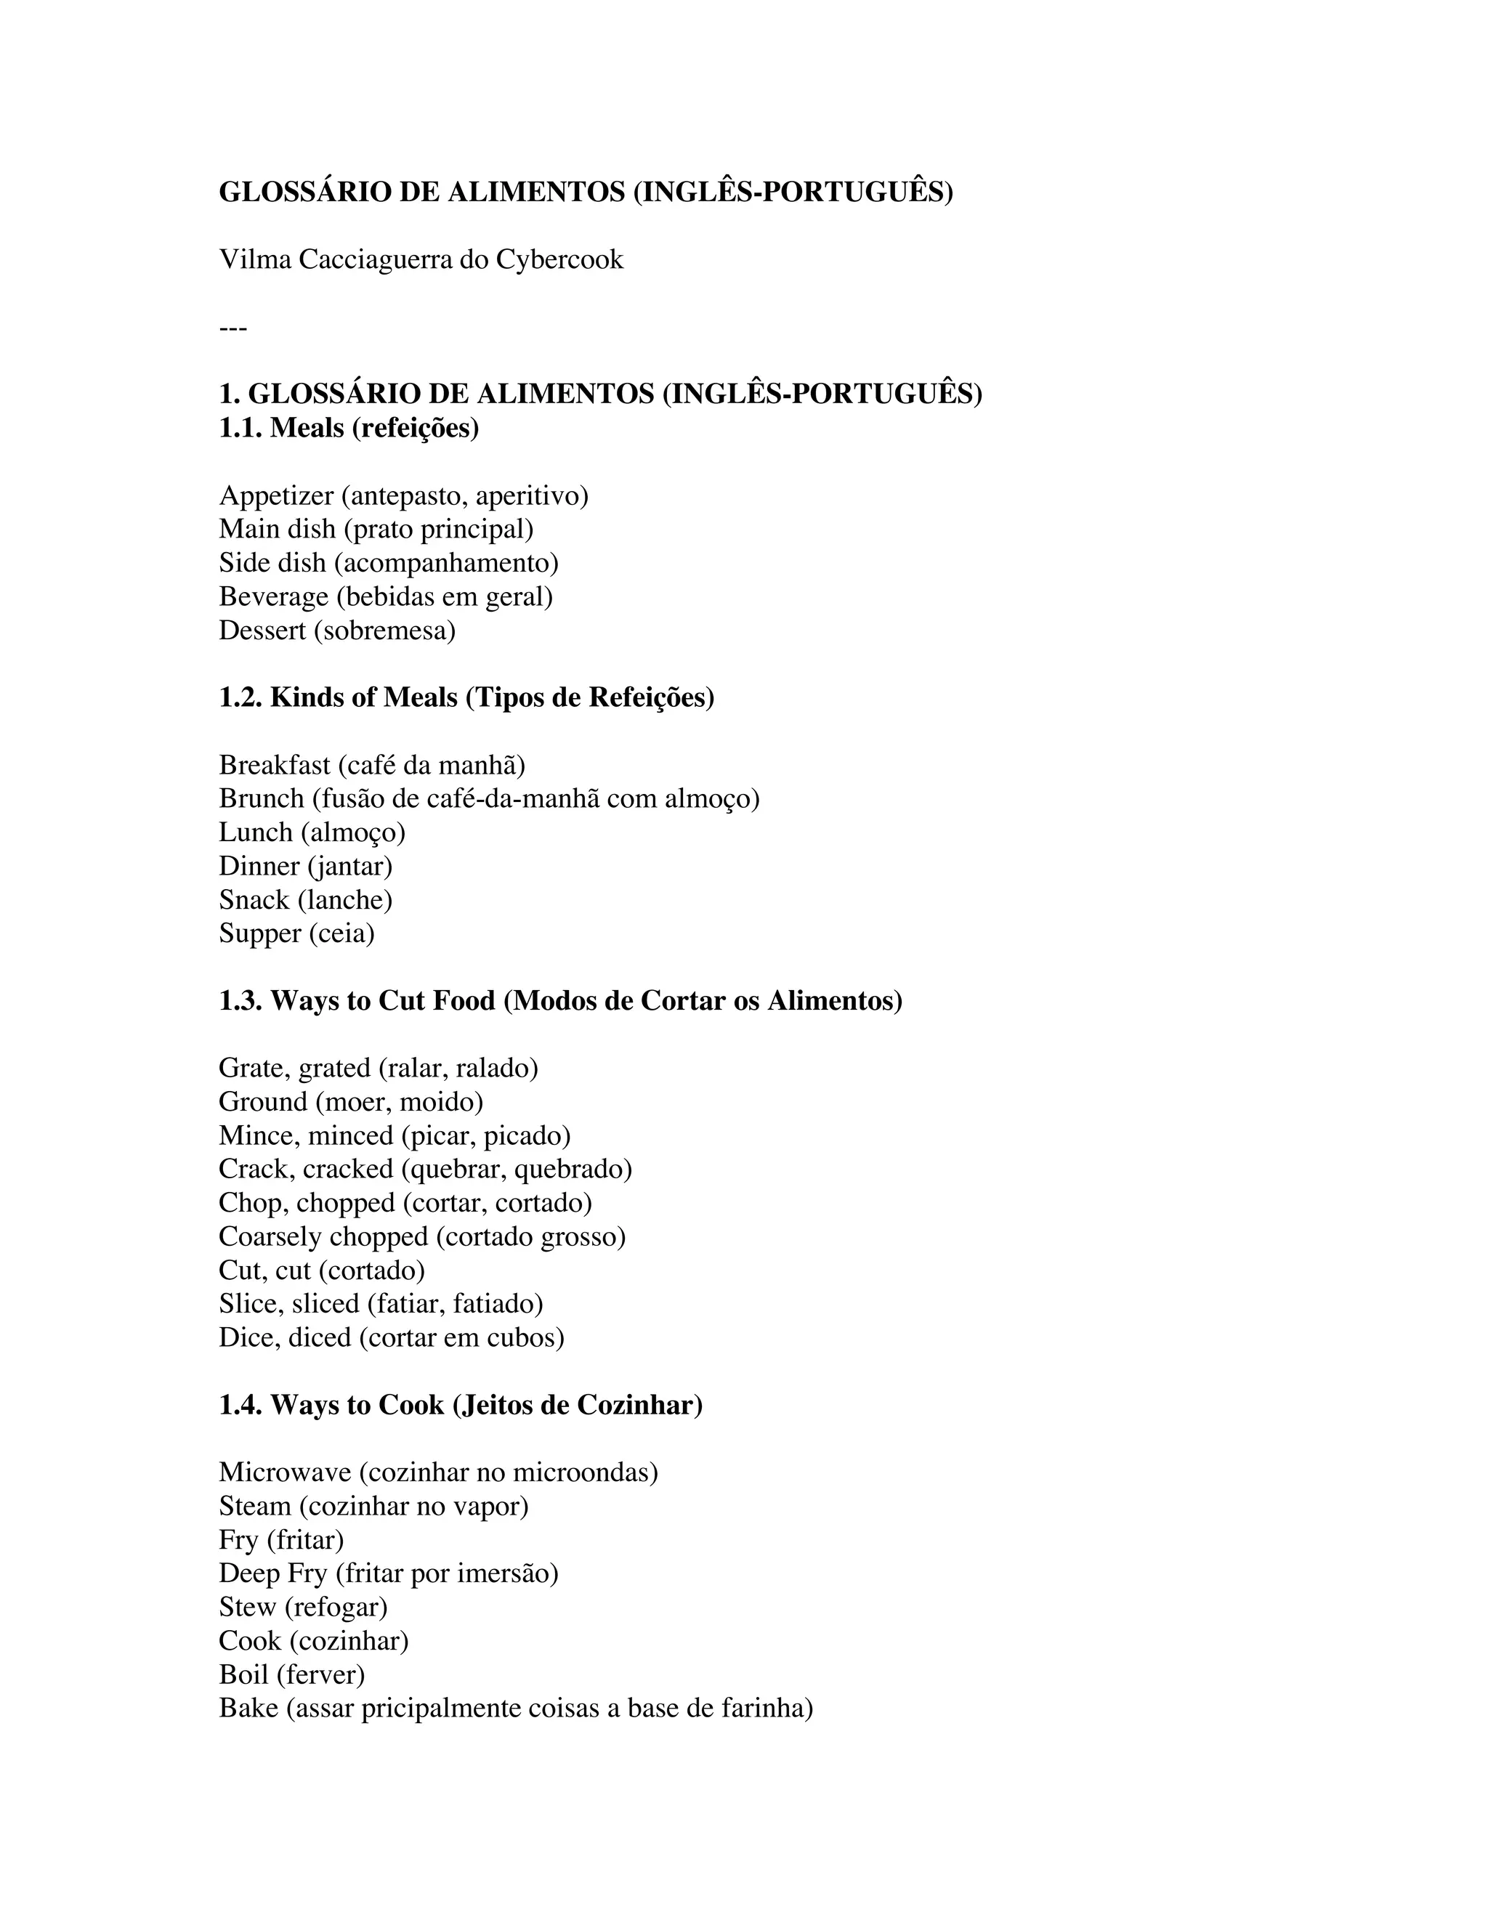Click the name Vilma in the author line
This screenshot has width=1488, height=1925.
(255, 259)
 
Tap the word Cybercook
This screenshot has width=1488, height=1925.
(559, 259)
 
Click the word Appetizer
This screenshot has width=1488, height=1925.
(276, 496)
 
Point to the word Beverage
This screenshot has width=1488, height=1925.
(273, 596)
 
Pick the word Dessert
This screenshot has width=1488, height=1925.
(262, 631)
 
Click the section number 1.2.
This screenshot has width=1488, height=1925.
(240, 697)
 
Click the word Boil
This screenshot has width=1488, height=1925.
(243, 1674)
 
